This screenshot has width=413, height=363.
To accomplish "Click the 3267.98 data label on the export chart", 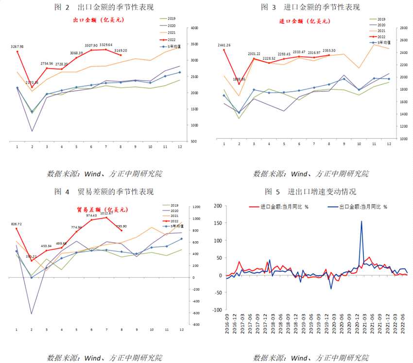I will pos(17,47).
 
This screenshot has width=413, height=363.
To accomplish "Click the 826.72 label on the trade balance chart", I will pos(17,224).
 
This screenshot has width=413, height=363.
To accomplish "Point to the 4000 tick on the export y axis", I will pos(194,28).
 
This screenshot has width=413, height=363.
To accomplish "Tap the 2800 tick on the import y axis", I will pos(403,28).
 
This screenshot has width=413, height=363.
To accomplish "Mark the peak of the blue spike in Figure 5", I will pos(361,221).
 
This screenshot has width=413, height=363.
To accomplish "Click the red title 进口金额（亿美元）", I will pos(305,21).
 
